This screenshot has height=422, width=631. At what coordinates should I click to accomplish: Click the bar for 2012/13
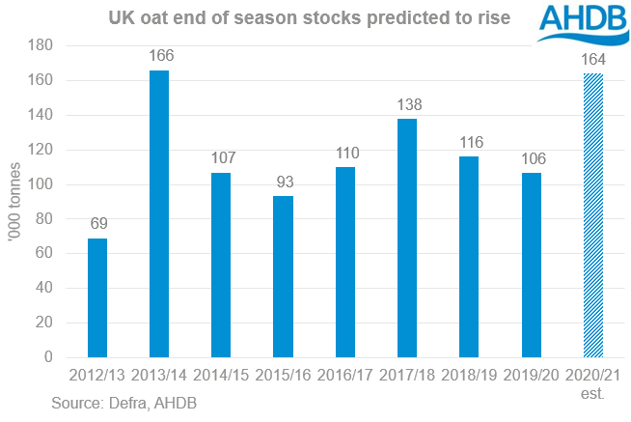97,298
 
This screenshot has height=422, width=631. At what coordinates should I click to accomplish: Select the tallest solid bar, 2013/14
159,213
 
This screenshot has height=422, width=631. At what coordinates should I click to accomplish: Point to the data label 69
97,225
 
